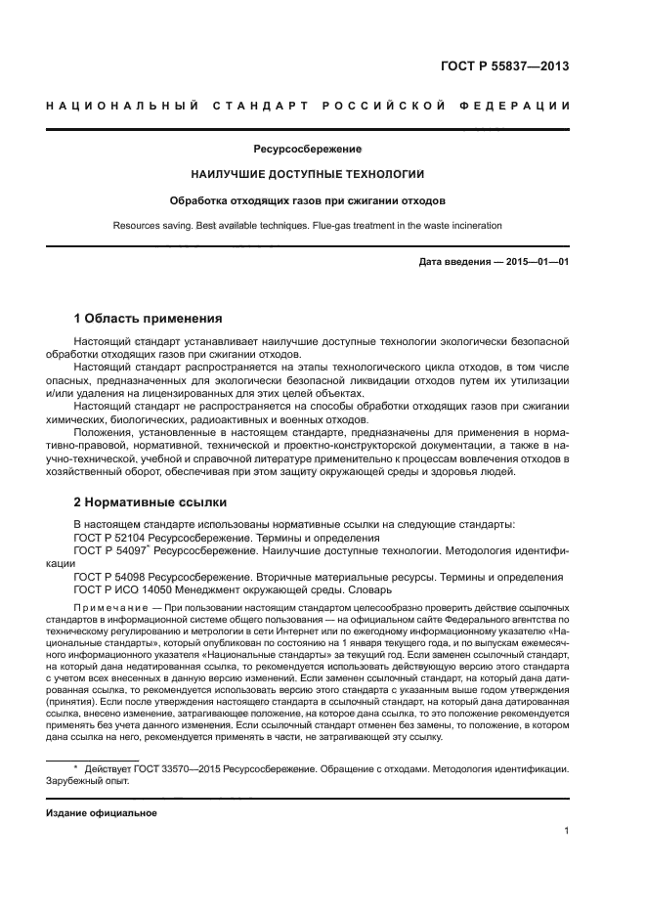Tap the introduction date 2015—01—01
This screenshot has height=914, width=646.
(537, 263)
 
